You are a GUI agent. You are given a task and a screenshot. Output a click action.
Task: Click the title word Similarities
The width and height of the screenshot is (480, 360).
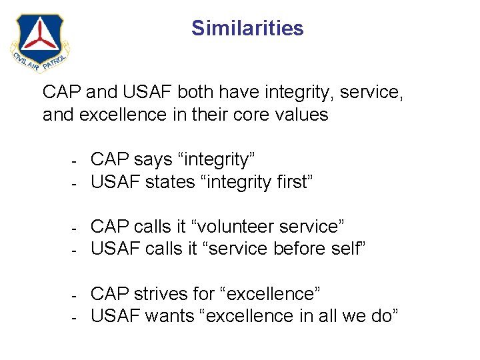[x=247, y=28]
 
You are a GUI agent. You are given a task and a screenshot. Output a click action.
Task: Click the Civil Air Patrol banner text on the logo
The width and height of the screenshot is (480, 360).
[x=40, y=62]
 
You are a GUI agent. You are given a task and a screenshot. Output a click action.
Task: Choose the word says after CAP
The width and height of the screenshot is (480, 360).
[x=155, y=159]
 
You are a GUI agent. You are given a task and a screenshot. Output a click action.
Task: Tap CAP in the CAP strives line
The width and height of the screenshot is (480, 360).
[x=109, y=294]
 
